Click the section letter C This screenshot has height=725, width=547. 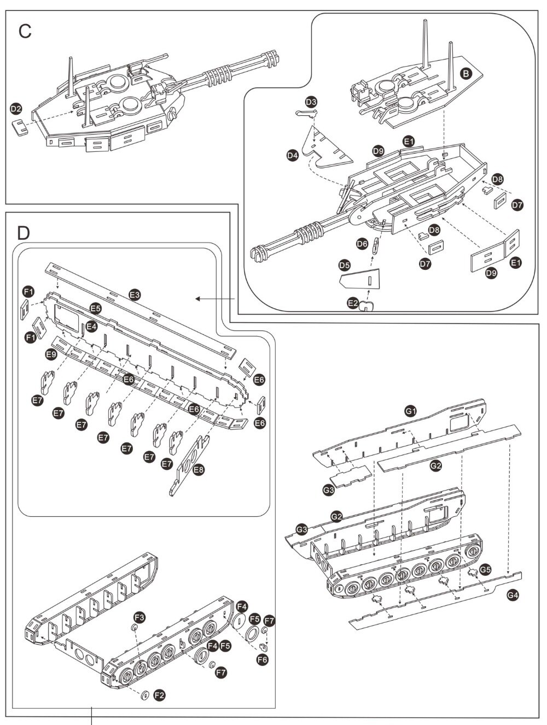[25, 31]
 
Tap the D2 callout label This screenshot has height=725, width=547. [16, 109]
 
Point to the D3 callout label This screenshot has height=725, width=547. [311, 102]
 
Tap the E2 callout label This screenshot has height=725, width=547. [353, 303]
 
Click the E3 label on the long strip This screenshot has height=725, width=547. [135, 295]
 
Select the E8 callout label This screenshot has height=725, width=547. [199, 469]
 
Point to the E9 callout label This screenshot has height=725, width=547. [51, 354]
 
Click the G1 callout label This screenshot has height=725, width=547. [411, 410]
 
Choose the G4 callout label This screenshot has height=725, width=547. [512, 595]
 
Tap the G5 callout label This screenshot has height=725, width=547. [485, 570]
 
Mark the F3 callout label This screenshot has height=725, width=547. [140, 617]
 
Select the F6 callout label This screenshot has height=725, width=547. [263, 659]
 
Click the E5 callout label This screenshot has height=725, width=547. [96, 308]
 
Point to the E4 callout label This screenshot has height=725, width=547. [91, 327]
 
